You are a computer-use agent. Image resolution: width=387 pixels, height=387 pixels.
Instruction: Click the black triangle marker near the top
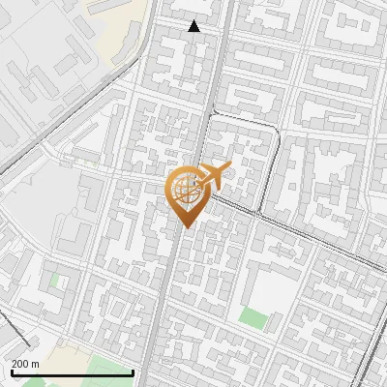[x=194, y=26]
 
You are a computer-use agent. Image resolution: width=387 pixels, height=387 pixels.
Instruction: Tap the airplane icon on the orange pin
[x=213, y=175]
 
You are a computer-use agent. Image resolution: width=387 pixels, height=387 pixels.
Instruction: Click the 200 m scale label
[x=25, y=364]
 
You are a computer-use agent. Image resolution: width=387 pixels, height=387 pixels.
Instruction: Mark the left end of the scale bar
[x=12, y=372]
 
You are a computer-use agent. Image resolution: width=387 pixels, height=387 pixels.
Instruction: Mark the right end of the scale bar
[x=134, y=372]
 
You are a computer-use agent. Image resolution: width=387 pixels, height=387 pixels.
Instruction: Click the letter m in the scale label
[x=35, y=364]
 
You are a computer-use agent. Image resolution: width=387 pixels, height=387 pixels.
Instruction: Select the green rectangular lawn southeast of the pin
[x=253, y=318]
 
